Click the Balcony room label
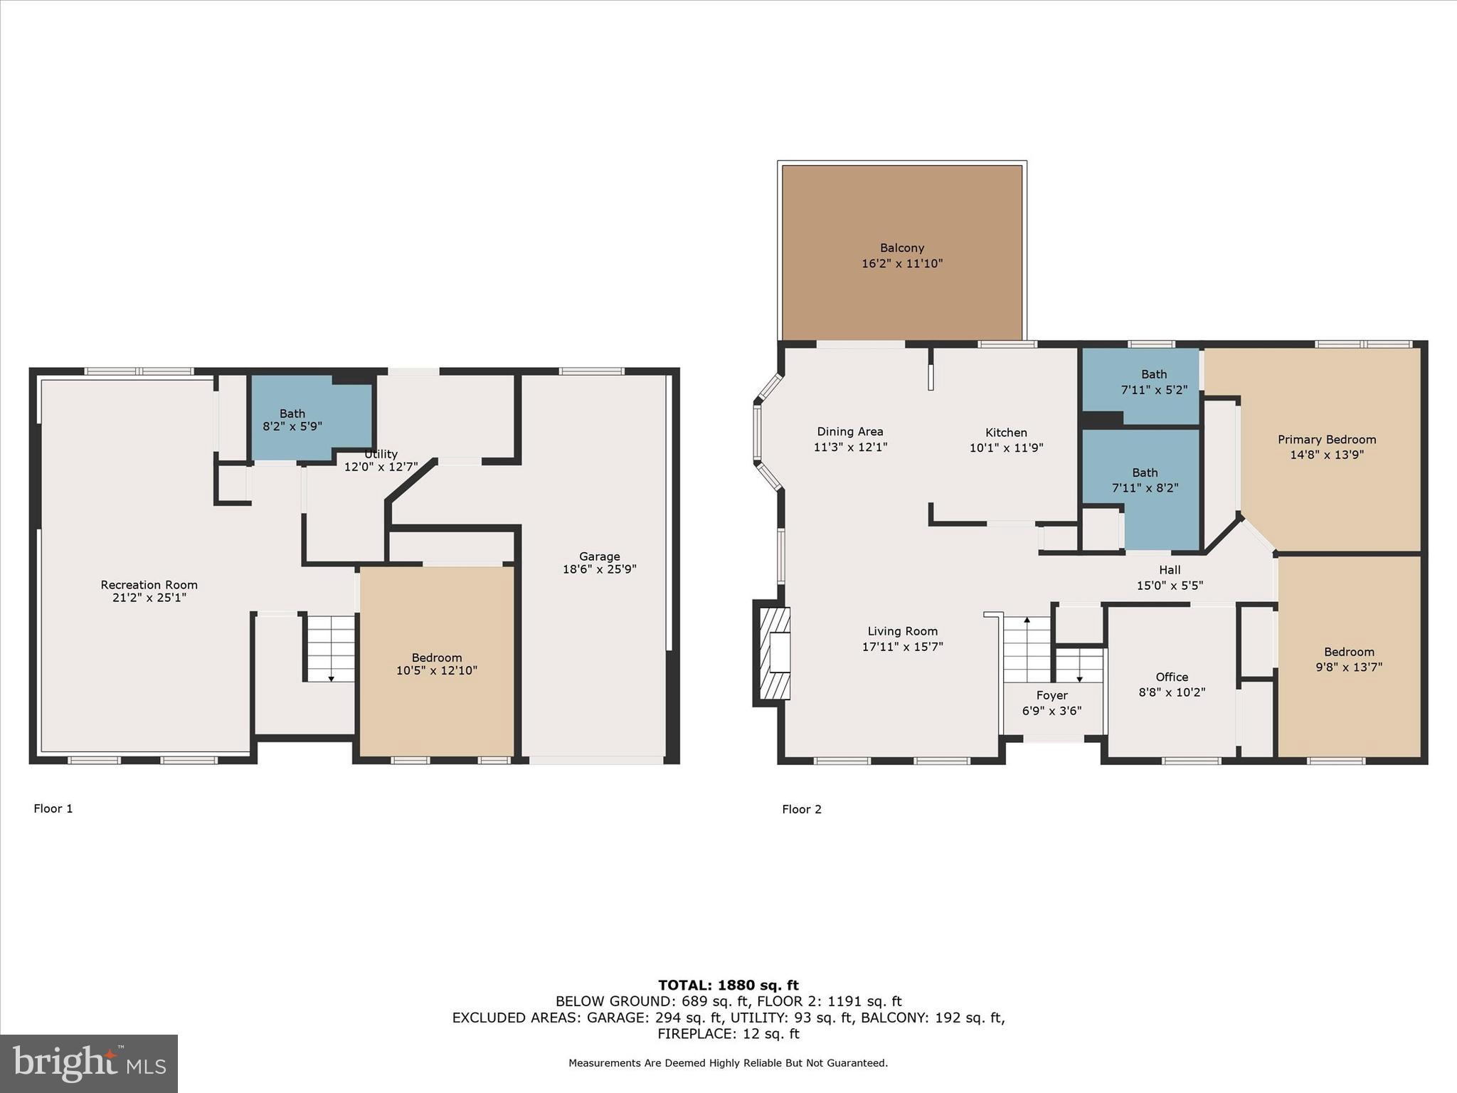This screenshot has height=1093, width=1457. [901, 248]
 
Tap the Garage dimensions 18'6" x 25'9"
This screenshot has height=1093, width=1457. [599, 569]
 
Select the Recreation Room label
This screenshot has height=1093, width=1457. [149, 585]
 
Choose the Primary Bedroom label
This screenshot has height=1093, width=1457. [1326, 440]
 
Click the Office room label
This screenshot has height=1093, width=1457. [1171, 677]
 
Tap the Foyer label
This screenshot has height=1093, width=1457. [1051, 695]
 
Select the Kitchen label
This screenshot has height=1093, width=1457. [1006, 433]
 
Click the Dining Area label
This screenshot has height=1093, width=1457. [849, 431]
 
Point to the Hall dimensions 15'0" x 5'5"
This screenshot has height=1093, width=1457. [1170, 586]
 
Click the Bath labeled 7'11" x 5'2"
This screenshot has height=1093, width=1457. [1153, 381]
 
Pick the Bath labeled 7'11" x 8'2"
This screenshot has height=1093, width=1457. [1145, 480]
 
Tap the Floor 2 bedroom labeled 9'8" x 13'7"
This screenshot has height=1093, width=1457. [1348, 660]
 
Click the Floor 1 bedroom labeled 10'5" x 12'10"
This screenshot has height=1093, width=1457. [436, 664]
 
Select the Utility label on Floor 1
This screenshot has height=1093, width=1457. [381, 454]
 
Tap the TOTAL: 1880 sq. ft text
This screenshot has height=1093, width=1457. [728, 985]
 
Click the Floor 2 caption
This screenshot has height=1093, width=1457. [801, 809]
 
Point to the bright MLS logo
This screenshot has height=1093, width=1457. [89, 1063]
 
